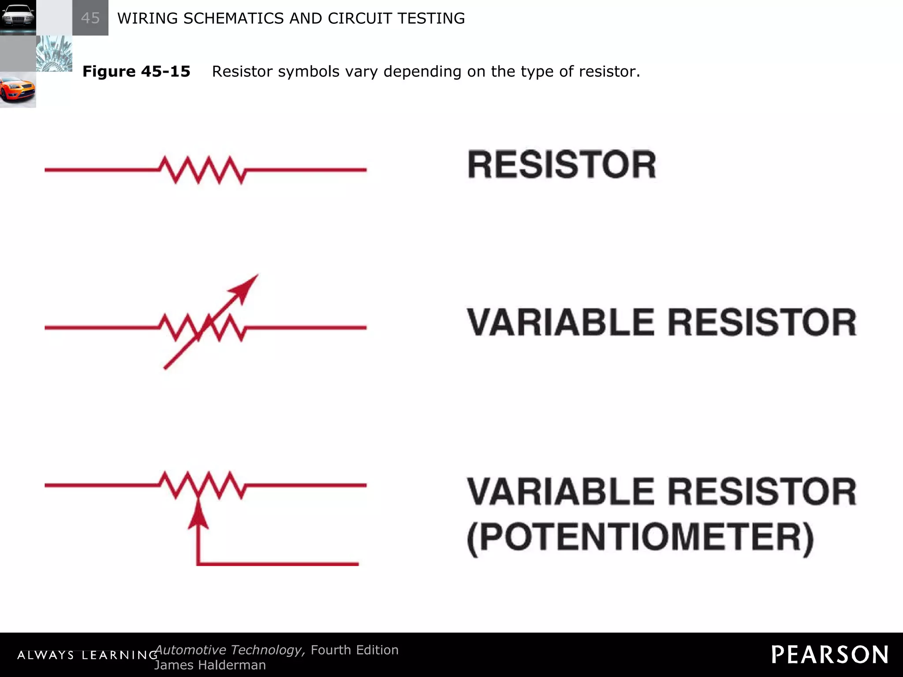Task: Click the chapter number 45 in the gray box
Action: point(90,18)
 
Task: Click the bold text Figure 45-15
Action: point(136,71)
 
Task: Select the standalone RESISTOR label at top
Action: point(562,165)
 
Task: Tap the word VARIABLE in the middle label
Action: point(560,322)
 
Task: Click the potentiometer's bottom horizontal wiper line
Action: point(278,564)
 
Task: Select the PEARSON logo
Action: point(830,655)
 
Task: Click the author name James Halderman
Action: point(210,665)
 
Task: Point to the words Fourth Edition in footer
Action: point(354,650)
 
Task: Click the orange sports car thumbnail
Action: point(18,90)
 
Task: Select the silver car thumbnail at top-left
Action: point(18,18)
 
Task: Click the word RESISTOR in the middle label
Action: point(762,322)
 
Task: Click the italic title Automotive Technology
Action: point(229,650)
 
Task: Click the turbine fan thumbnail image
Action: point(54,54)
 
